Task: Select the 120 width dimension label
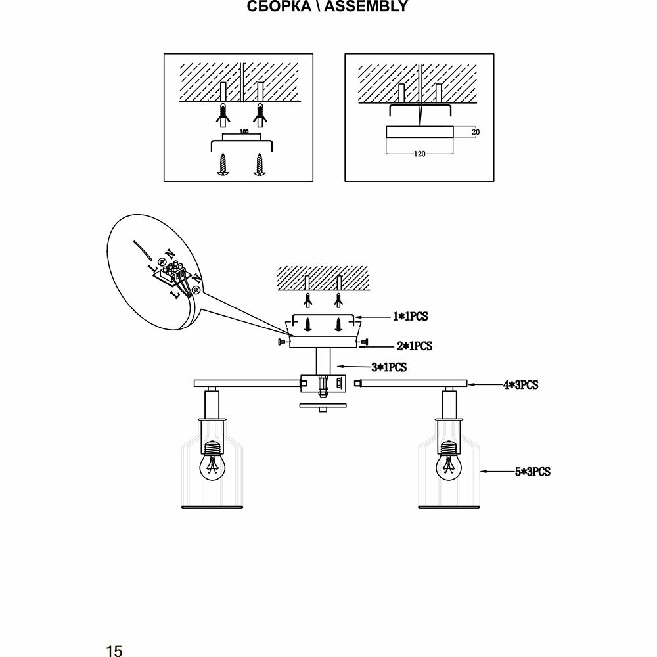(420, 154)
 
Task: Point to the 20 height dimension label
(476, 132)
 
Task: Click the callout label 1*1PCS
(410, 317)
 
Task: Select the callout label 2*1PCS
(414, 345)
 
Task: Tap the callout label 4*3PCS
(520, 385)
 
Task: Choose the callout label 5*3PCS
(532, 471)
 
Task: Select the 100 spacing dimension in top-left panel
(244, 133)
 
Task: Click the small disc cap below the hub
(322, 406)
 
